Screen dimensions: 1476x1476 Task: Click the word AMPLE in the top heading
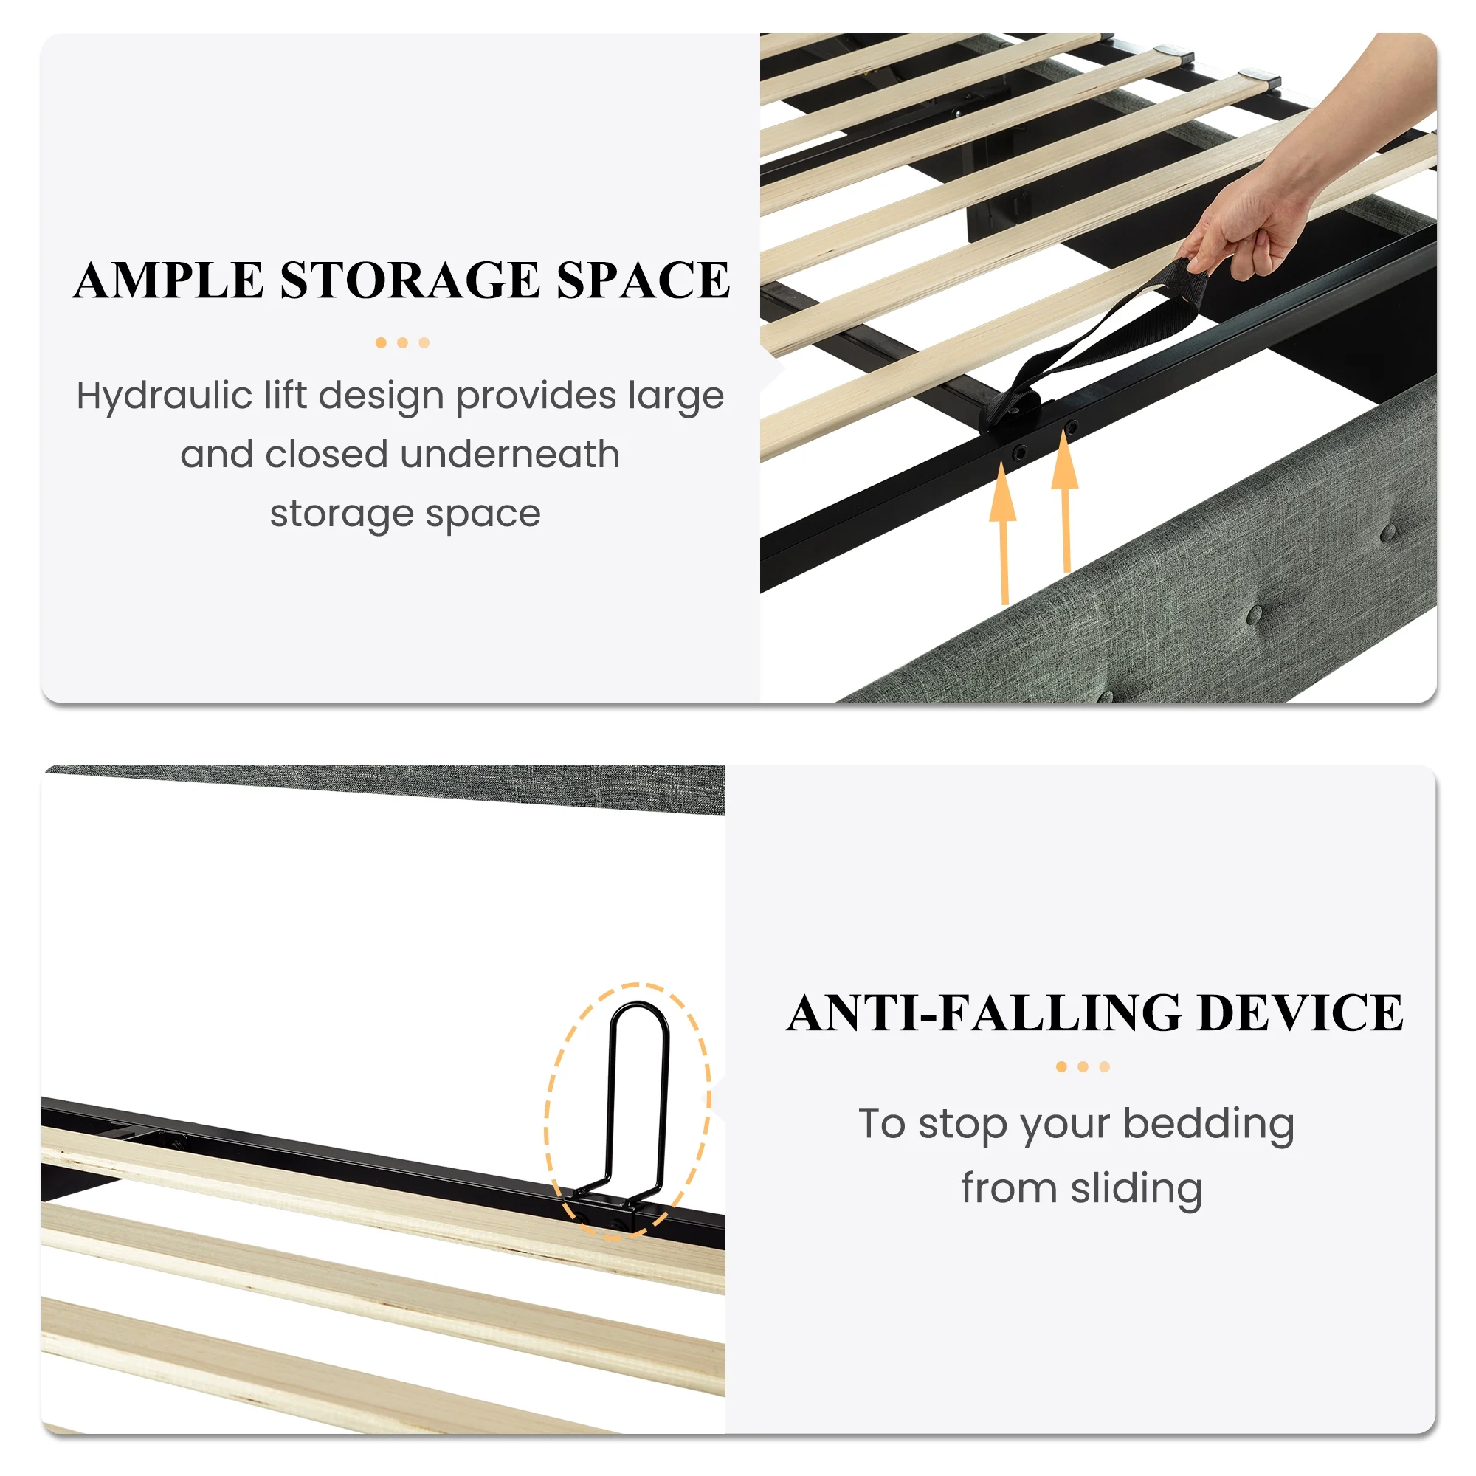(x=169, y=280)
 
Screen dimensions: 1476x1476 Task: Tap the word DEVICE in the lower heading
(x=1300, y=1013)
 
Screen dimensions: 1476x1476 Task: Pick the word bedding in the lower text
(x=1209, y=1125)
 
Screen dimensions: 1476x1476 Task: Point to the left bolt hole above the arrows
(x=1018, y=454)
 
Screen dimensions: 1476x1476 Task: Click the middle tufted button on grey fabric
(x=1255, y=614)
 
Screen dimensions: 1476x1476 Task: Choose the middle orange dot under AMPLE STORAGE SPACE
(x=403, y=343)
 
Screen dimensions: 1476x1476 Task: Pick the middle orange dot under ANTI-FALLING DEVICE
(x=1083, y=1066)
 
